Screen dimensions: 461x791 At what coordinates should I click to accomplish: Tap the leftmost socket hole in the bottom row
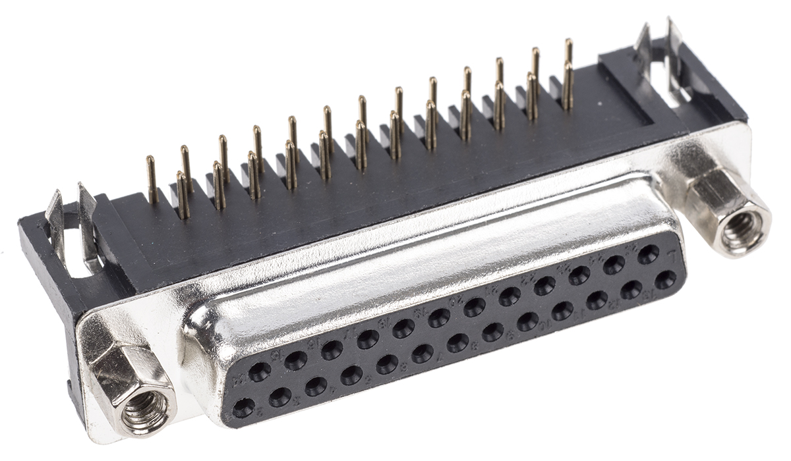tap(243, 408)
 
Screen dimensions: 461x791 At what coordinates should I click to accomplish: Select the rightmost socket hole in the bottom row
tap(665, 279)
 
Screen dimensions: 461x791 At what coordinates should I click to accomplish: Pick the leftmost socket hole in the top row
tap(260, 372)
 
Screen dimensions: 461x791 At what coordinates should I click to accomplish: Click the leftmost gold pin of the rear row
tap(152, 178)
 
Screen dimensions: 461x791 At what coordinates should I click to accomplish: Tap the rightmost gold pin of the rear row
tap(568, 51)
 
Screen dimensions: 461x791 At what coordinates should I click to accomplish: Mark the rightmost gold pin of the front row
tap(568, 86)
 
